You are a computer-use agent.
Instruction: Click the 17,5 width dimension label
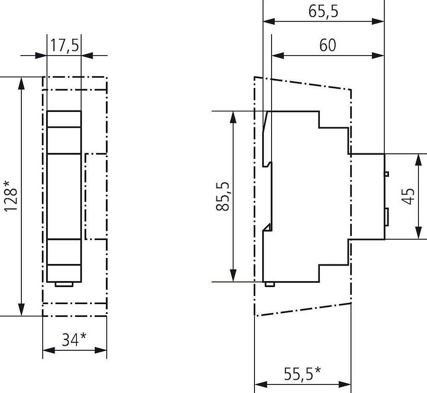pyautogui.click(x=65, y=46)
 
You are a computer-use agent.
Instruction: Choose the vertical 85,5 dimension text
pyautogui.click(x=223, y=196)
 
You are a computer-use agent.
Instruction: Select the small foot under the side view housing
pyautogui.click(x=269, y=284)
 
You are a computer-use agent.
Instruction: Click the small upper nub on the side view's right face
pyautogui.click(x=386, y=174)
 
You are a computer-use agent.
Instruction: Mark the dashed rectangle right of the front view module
pyautogui.click(x=96, y=196)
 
